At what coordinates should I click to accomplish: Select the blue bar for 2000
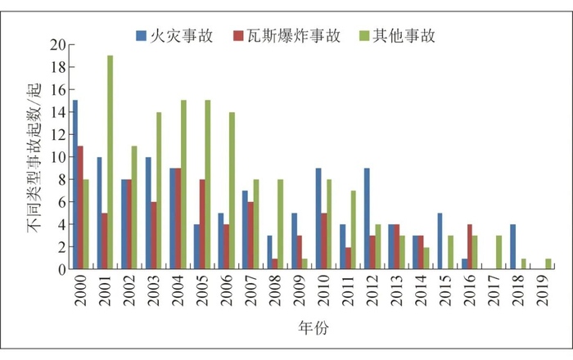[75, 184]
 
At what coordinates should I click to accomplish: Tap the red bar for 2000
[80, 206]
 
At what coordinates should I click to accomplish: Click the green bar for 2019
[548, 263]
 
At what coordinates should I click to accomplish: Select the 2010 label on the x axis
[323, 290]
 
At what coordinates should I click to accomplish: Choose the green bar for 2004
[183, 184]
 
